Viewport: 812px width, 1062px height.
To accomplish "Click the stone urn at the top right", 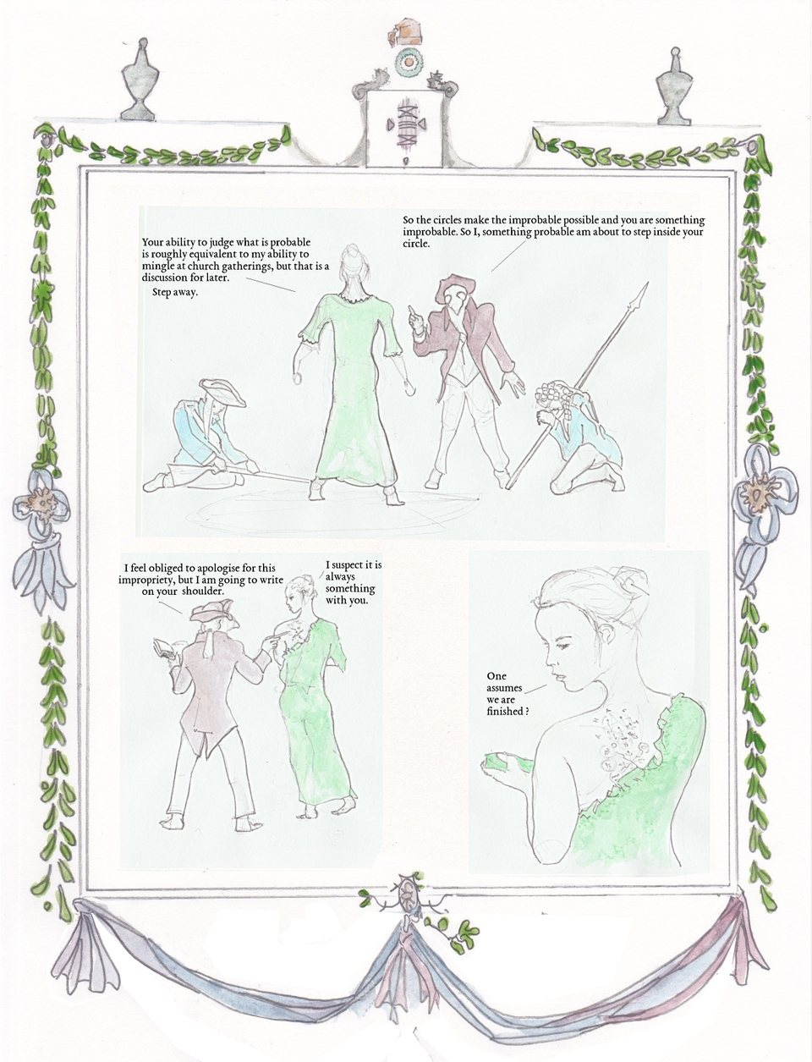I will click(x=674, y=87).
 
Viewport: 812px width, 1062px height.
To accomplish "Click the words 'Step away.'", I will click(x=174, y=293).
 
